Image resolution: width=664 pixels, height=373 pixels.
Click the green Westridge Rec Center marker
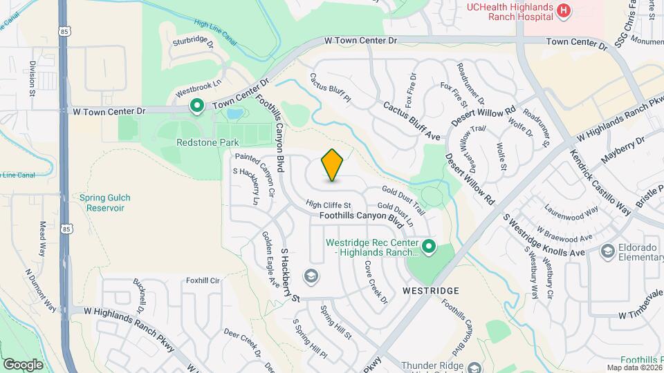coord(429,245)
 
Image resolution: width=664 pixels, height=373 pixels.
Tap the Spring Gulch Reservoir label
coord(105,202)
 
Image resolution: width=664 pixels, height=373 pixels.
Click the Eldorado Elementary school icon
coord(608,250)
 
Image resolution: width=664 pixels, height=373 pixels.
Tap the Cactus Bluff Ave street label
coord(412,122)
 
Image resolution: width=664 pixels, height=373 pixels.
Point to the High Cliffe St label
coord(329,205)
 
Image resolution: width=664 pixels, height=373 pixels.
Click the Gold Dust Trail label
coord(403,198)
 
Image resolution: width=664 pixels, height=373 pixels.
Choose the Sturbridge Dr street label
coord(190,40)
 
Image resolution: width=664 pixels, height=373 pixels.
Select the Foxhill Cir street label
coord(202,280)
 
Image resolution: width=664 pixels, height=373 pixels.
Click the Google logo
coord(23,364)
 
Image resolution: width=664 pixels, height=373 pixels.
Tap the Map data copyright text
coord(634,367)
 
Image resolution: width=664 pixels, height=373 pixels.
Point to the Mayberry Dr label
coord(622,150)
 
